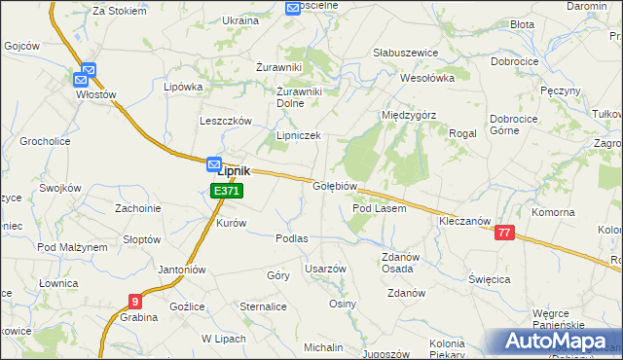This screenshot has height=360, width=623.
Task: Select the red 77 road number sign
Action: tap(504, 233)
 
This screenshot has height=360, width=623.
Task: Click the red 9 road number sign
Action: tap(134, 302)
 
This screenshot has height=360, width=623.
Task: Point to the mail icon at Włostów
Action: tap(88, 71)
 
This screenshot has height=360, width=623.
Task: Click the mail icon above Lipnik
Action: tap(215, 165)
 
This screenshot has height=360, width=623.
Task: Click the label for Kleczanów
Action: tap(463, 222)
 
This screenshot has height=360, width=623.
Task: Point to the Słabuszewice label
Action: tap(406, 53)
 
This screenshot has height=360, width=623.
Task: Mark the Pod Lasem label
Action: tap(379, 208)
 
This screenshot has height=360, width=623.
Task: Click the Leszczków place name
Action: tap(226, 121)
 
